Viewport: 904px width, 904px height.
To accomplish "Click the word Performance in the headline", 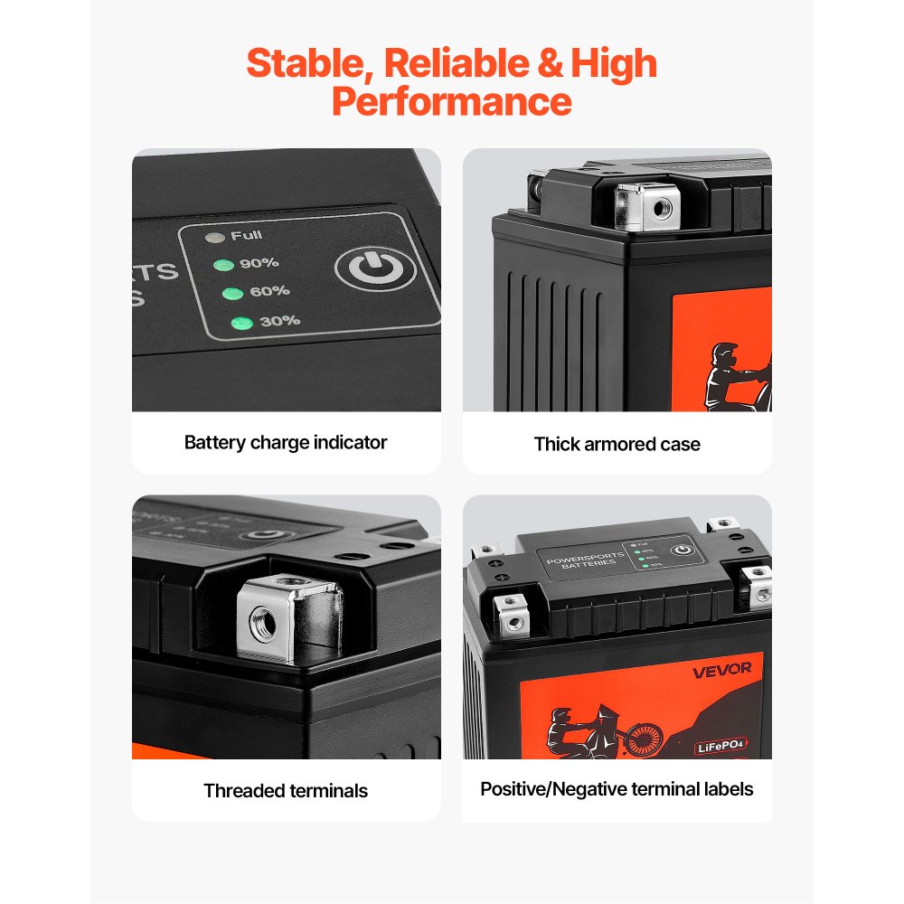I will coord(451,101).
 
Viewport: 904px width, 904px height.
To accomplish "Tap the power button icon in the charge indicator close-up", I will coord(375,268).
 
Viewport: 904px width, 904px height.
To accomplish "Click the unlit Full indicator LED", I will coord(215,238).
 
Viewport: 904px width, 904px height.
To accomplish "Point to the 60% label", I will coord(269,291).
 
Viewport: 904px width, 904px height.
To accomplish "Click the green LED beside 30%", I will coord(240,323).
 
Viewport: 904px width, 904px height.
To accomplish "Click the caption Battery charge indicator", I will coord(286,443).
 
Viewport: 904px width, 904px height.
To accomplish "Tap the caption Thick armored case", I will coord(617,444).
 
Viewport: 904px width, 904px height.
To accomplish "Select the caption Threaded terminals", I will coord(286,791).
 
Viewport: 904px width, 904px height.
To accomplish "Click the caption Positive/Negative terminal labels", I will coord(617,789).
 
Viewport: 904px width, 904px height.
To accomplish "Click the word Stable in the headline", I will coord(306,64).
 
